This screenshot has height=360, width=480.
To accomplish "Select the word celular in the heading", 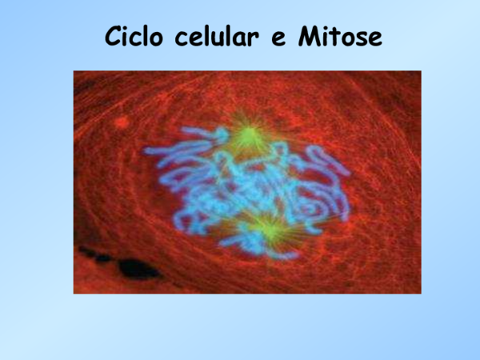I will click(217, 38).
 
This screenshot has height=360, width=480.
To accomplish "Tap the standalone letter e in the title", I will click(279, 40).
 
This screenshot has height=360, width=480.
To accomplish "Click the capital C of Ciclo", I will click(114, 38).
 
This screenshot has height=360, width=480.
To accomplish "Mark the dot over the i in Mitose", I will click(328, 29).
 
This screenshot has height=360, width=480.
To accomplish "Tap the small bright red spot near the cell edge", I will click(121, 122).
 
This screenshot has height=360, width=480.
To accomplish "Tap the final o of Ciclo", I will click(160, 40).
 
